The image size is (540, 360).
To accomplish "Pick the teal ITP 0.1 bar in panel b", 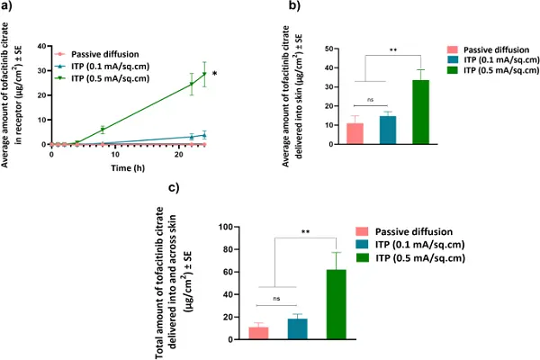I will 388,130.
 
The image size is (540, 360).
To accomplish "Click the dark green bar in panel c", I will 336,304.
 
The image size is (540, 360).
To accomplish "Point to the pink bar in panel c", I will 259,332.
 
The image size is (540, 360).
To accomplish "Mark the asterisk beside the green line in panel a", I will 214,73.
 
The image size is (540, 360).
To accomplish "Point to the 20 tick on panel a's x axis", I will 181,154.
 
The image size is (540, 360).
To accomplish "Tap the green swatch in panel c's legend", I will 364,258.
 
